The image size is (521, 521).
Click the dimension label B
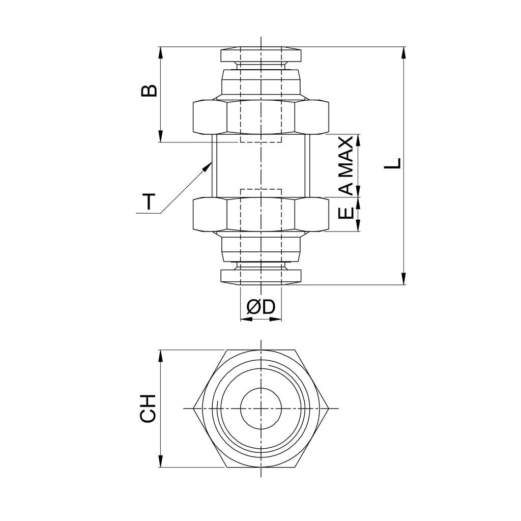point(149,91)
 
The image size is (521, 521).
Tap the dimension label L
point(393,163)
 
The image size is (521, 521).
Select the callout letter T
point(150,201)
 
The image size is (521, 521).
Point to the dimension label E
point(346,213)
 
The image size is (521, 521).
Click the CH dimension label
point(148,409)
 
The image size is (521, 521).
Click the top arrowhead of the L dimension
point(403,53)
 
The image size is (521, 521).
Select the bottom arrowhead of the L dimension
point(403,278)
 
